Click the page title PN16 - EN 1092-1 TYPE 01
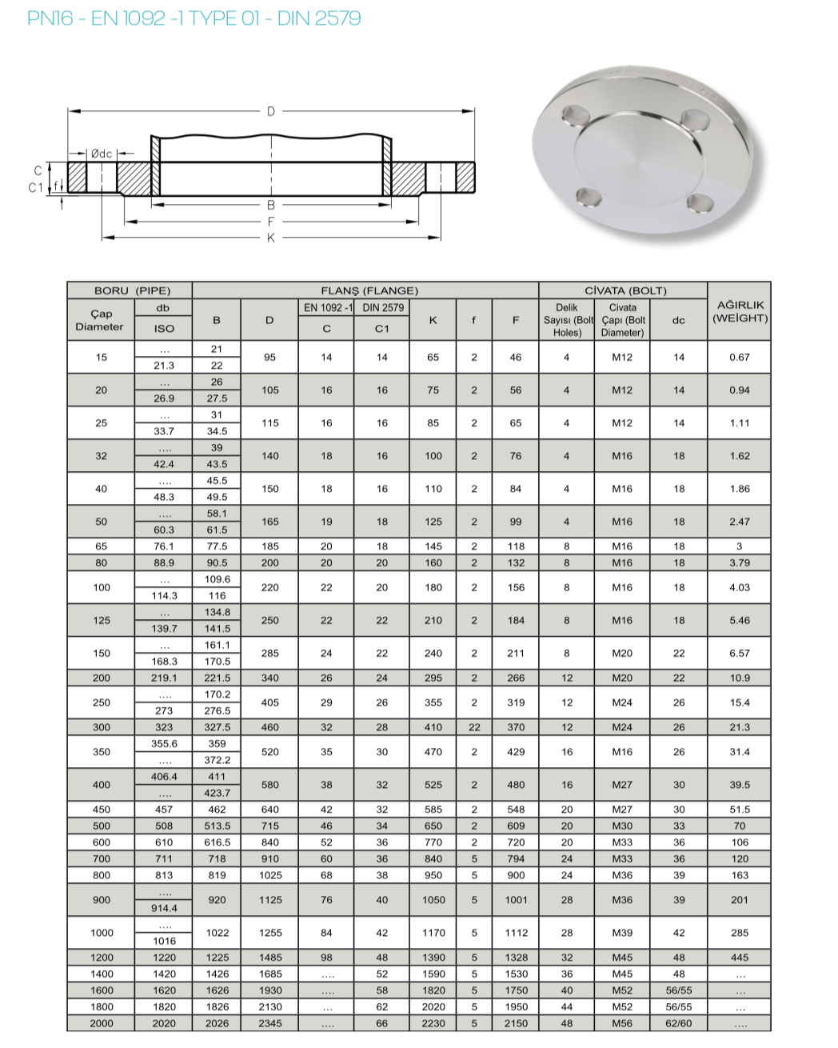(x=194, y=18)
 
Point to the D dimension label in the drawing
(x=270, y=111)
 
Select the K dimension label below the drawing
(x=270, y=238)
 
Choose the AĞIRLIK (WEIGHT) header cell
(x=740, y=311)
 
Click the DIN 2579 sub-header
(x=383, y=307)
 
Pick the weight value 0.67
(x=740, y=357)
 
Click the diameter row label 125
(x=102, y=620)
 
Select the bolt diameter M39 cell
(x=622, y=933)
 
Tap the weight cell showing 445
(x=740, y=958)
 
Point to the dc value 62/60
(x=679, y=1023)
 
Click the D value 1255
(x=270, y=933)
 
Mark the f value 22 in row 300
(x=474, y=727)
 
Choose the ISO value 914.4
(x=164, y=908)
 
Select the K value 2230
(x=433, y=1023)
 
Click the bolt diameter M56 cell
(x=622, y=1023)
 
